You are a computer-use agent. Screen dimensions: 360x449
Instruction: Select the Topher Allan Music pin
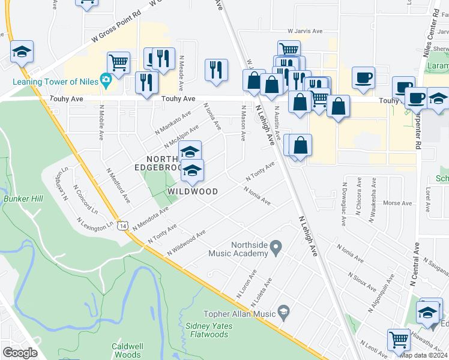pyautogui.click(x=283, y=313)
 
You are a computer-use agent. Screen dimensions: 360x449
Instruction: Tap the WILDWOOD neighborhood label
pyautogui.click(x=192, y=191)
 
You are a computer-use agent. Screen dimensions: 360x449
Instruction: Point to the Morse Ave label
pyautogui.click(x=397, y=203)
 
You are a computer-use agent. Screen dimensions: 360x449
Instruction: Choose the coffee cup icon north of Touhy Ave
pyautogui.click(x=363, y=77)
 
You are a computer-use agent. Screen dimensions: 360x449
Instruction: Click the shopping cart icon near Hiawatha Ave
pyautogui.click(x=399, y=339)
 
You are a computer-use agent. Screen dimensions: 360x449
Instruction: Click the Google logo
pyautogui.click(x=20, y=353)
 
